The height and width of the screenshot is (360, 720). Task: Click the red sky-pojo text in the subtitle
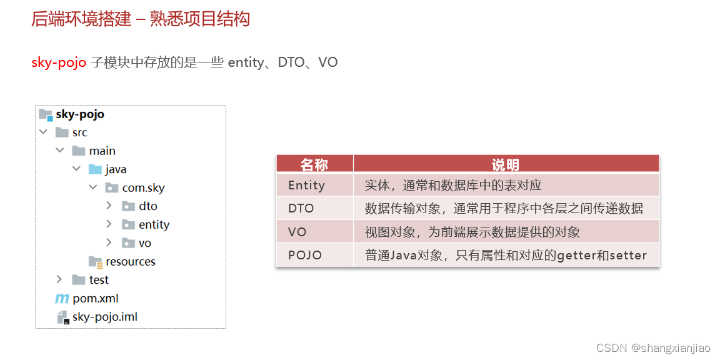pyautogui.click(x=59, y=62)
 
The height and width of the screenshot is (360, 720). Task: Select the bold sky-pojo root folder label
pyautogui.click(x=80, y=114)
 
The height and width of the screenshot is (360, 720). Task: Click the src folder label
pyautogui.click(x=79, y=132)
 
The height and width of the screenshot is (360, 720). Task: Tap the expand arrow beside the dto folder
pyautogui.click(x=109, y=206)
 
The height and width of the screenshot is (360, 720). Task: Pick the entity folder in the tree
pyautogui.click(x=154, y=224)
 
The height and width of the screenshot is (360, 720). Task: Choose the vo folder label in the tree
pyautogui.click(x=144, y=243)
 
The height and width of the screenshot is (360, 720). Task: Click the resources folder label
pyautogui.click(x=130, y=261)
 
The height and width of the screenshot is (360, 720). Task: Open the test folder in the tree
pyautogui.click(x=98, y=280)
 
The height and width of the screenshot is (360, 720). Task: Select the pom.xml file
pyautogui.click(x=95, y=298)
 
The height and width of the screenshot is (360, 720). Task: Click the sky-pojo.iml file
pyautogui.click(x=104, y=317)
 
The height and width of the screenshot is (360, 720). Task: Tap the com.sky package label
pyautogui.click(x=143, y=187)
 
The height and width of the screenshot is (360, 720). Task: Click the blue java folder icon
pyautogui.click(x=95, y=169)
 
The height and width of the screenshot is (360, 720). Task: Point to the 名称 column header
pyautogui.click(x=314, y=164)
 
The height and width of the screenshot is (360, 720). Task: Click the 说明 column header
pyautogui.click(x=506, y=164)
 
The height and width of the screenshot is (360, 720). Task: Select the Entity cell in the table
pyautogui.click(x=306, y=185)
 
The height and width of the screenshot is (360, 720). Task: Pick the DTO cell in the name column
pyautogui.click(x=301, y=208)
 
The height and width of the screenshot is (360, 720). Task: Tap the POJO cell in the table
pyautogui.click(x=305, y=255)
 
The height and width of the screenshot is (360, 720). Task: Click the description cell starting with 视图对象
pyautogui.click(x=472, y=232)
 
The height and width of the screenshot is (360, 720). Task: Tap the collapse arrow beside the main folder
pyautogui.click(x=59, y=151)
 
